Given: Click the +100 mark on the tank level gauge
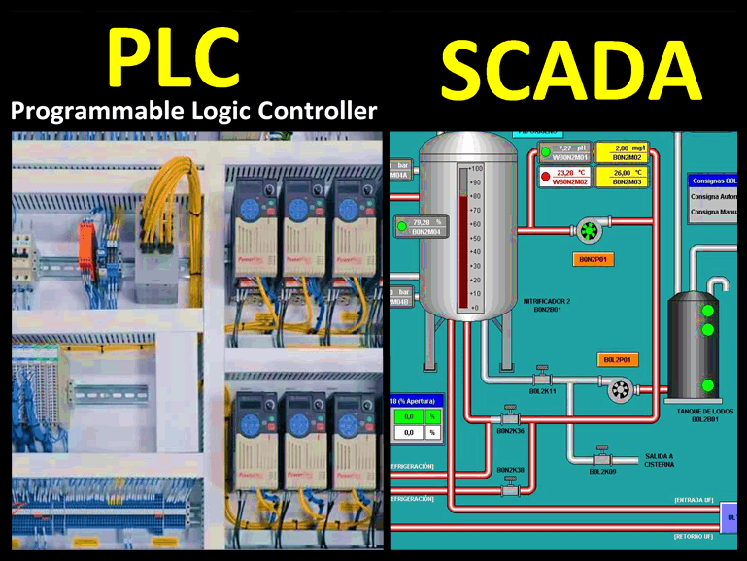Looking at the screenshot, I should click(475, 169).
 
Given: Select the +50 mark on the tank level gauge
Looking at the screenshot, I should click(475, 238).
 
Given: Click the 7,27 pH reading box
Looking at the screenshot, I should click(566, 151).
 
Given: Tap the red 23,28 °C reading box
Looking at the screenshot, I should click(566, 177).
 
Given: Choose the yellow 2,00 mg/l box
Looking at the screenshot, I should click(623, 151).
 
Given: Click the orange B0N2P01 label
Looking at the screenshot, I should click(593, 260).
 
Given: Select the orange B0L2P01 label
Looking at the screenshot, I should click(617, 359).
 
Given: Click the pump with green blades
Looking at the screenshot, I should click(589, 230).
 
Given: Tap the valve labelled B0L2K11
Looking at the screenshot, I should click(542, 377).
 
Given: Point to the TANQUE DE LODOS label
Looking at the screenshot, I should click(704, 412).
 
